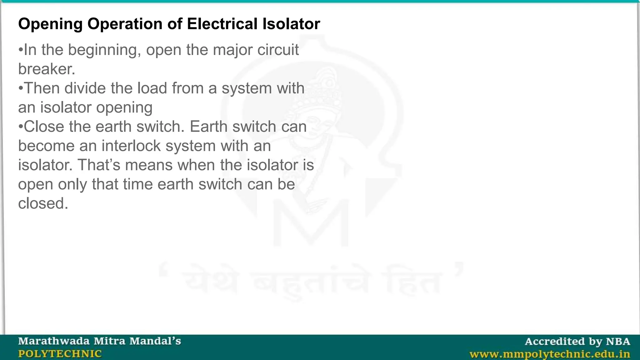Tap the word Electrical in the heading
222,24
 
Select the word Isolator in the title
291,24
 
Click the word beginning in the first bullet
103,50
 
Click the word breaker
47,69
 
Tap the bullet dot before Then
21,88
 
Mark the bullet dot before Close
21,127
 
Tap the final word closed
43,203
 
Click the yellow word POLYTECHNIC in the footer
60,354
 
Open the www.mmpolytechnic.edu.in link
550,354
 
